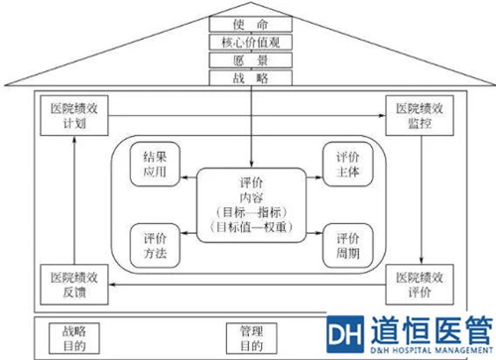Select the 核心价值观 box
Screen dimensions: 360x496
(248, 43)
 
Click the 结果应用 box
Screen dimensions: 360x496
(156, 164)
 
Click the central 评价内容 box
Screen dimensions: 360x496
(251, 203)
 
